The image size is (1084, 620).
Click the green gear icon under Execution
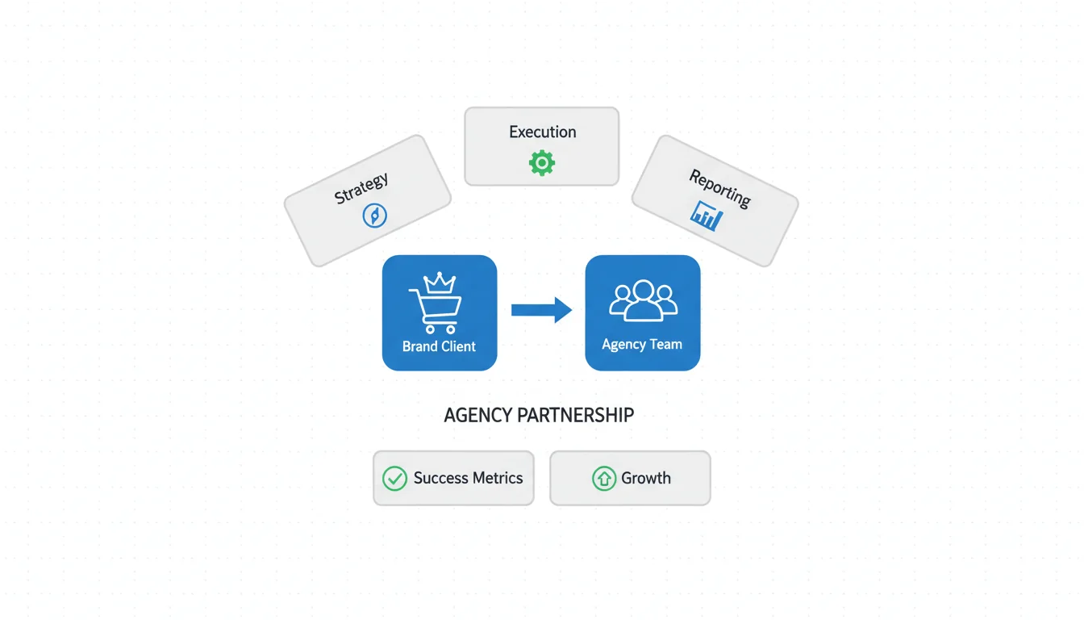pos(542,163)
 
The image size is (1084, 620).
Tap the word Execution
pos(542,132)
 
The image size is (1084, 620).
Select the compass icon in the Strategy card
pos(375,215)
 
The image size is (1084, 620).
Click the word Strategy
pos(361,188)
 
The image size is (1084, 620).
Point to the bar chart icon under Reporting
pos(707,216)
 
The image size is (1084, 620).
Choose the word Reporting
pos(719,187)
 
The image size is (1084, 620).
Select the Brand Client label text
pos(439,346)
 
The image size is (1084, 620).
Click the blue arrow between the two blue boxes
pos(541,310)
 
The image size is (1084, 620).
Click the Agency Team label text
pos(642,345)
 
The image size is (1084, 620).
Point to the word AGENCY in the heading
pos(478,416)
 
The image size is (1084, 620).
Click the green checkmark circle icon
pos(394,479)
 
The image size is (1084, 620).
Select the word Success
pos(441,478)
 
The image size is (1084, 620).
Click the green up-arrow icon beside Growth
pos(603,479)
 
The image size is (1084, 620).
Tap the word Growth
pos(645,478)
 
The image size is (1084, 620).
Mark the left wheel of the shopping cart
pos(429,329)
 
